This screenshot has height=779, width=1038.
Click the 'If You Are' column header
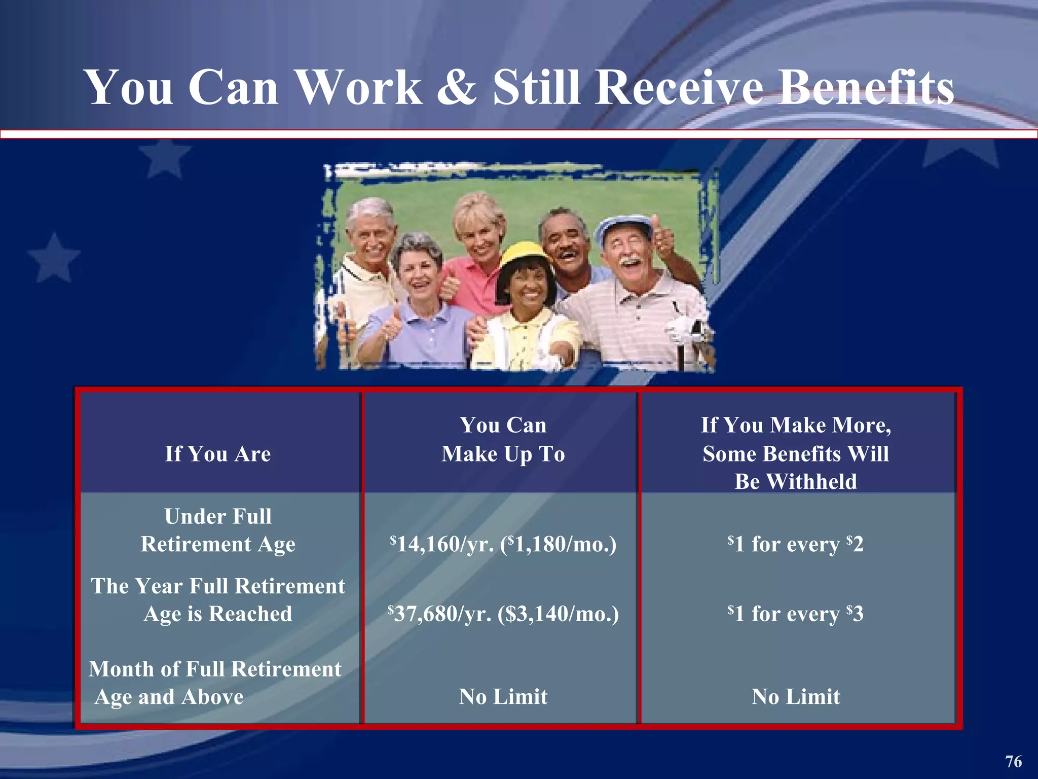(218, 453)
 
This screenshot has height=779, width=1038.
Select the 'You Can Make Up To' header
(503, 439)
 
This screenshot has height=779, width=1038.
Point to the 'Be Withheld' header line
(796, 481)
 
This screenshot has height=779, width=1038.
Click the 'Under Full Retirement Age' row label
(218, 530)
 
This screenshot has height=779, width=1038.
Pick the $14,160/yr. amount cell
(503, 544)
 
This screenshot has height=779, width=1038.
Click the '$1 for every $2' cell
(796, 544)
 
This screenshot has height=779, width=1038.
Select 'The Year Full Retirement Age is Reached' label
(218, 599)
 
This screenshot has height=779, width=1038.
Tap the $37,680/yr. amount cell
(503, 614)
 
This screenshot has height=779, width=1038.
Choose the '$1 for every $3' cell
(796, 614)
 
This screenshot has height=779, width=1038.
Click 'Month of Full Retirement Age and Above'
(215, 683)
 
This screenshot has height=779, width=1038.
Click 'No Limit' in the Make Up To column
(503, 696)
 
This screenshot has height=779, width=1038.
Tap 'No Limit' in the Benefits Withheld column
(796, 696)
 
